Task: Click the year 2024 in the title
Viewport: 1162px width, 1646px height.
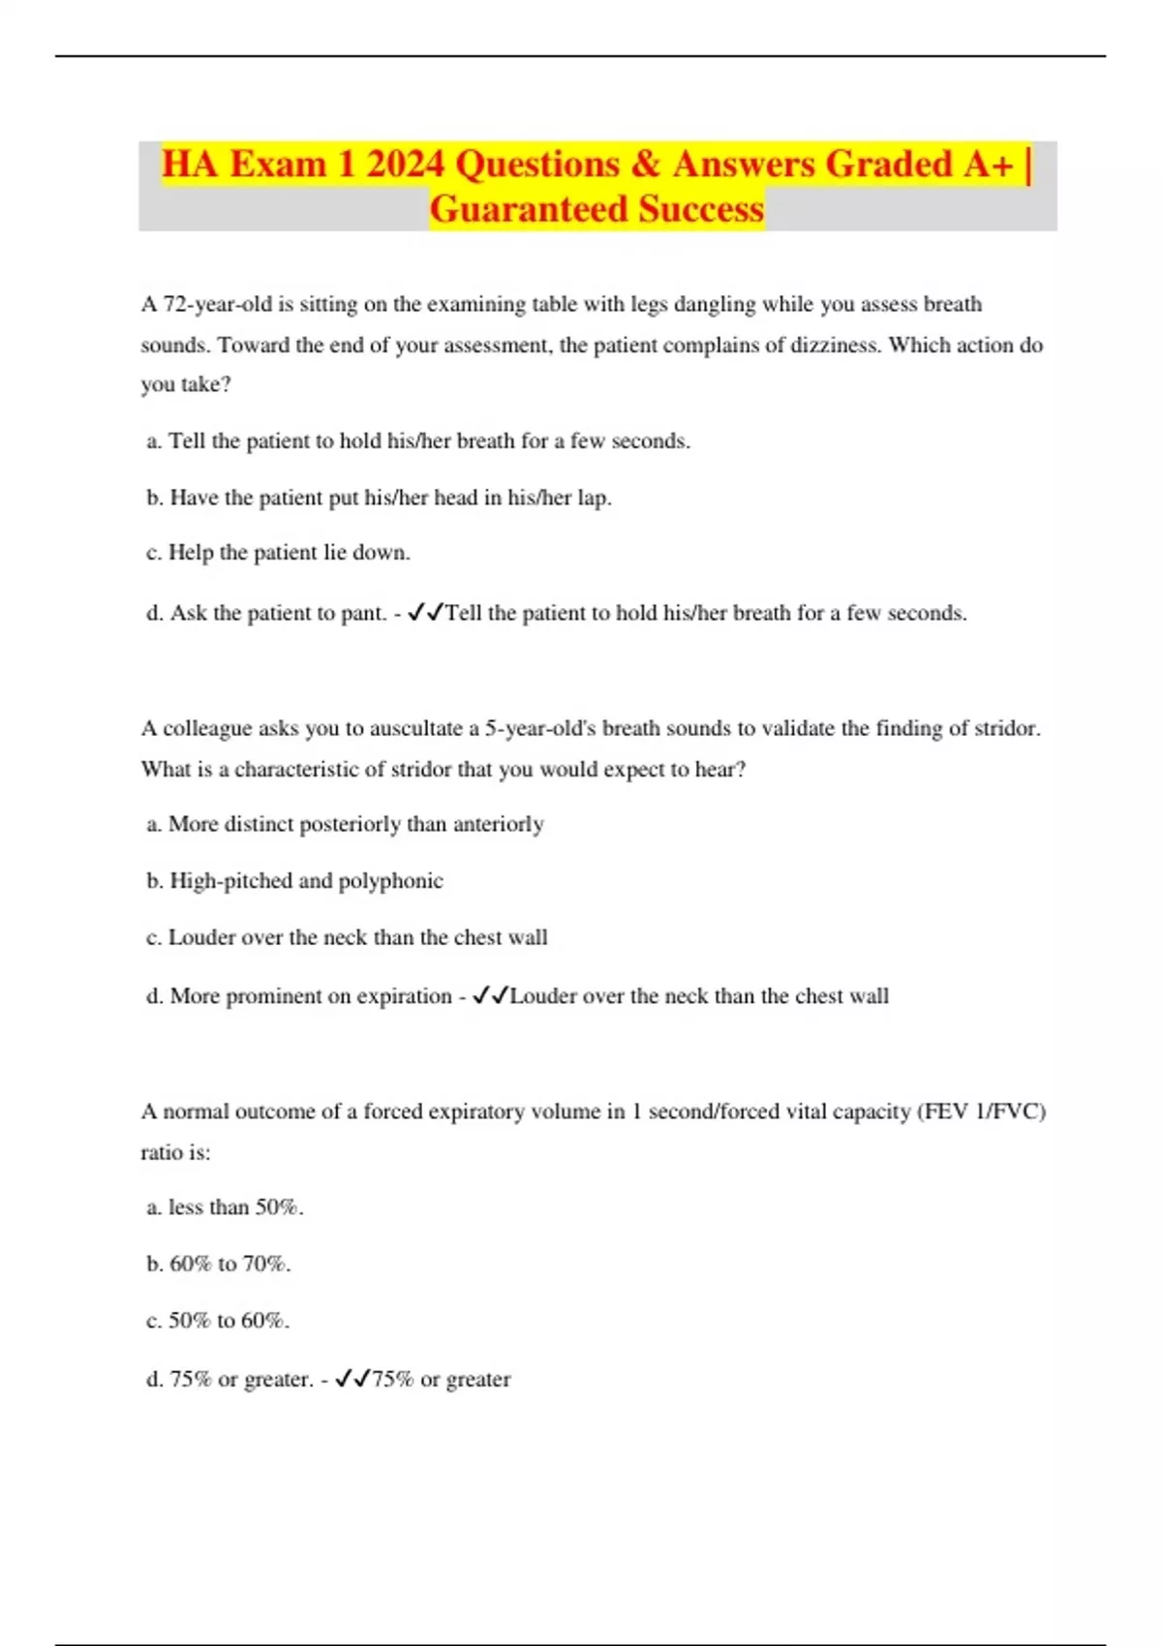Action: point(405,165)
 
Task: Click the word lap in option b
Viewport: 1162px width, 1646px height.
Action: point(593,498)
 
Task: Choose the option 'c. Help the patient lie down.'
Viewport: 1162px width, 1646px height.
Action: point(278,553)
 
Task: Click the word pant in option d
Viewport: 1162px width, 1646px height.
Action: point(362,613)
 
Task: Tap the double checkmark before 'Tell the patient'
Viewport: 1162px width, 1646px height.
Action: point(425,613)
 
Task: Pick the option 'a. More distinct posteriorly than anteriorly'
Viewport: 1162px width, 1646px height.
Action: point(345,824)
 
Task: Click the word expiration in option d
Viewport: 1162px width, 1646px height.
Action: point(404,996)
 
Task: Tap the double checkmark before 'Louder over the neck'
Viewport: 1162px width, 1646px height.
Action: point(490,996)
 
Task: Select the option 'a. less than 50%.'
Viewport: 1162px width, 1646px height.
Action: point(225,1207)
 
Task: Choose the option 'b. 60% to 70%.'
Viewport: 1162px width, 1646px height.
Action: point(218,1264)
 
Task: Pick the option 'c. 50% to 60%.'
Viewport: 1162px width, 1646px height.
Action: point(218,1321)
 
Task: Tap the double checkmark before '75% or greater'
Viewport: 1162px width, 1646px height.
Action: point(352,1379)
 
